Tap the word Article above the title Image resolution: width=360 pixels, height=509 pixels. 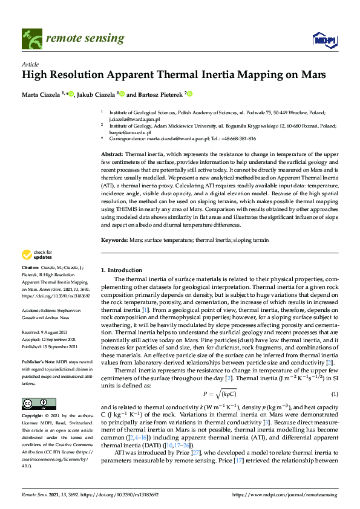pos(30,65)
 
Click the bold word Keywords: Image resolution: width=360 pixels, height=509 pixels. pos(115,240)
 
